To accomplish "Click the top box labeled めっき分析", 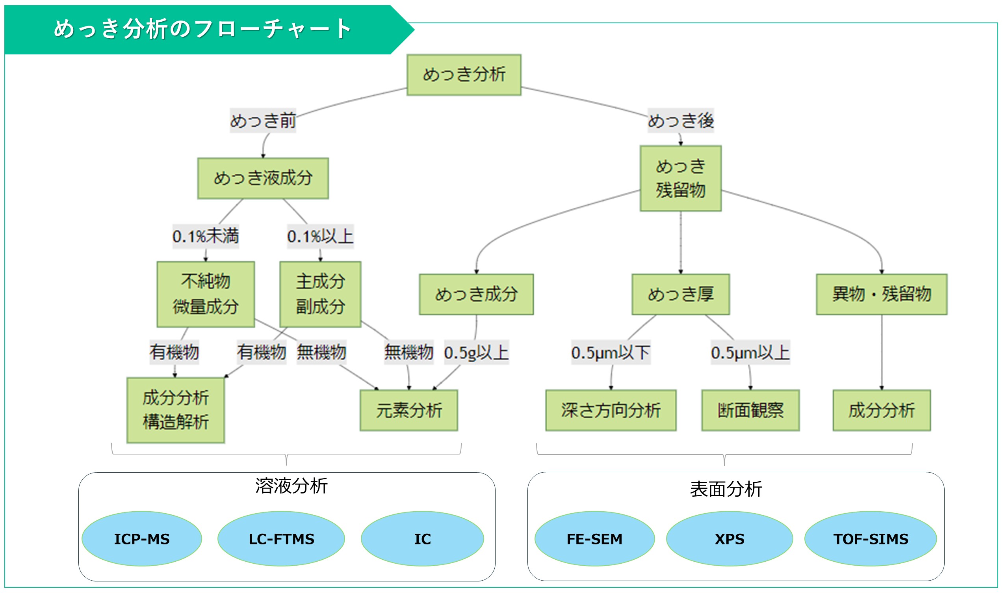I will [464, 75].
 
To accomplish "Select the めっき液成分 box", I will [263, 178].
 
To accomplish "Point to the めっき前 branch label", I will [263, 121].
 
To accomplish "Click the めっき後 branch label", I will [681, 121].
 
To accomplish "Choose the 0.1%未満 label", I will [206, 236].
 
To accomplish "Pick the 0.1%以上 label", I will [320, 236].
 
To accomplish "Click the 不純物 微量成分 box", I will [206, 294].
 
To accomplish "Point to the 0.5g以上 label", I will [476, 353].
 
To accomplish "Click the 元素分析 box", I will [408, 410].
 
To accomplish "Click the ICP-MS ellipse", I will [142, 538].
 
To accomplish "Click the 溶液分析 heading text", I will [291, 486].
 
